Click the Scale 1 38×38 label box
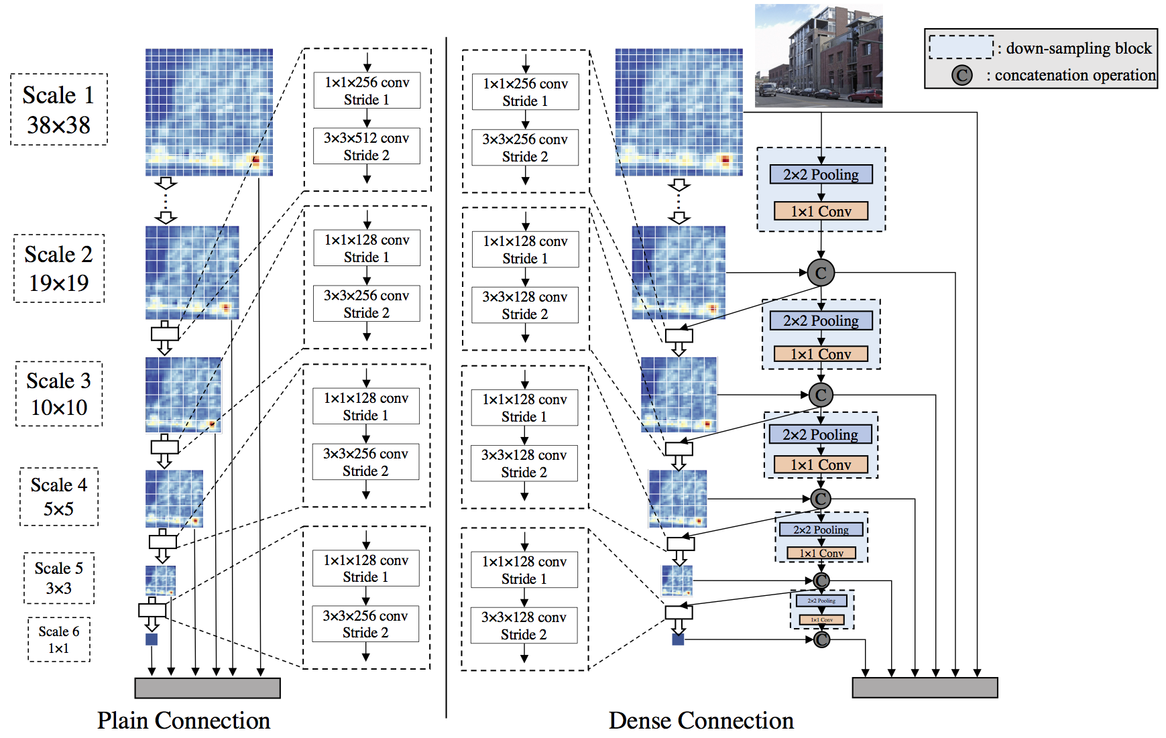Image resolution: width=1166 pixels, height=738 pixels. click(x=58, y=109)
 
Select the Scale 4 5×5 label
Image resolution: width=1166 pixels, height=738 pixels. click(x=59, y=497)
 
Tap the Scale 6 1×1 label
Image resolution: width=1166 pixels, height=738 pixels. click(x=59, y=639)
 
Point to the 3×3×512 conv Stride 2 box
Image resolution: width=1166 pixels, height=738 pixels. click(x=367, y=146)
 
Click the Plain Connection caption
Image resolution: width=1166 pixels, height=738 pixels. click(x=184, y=721)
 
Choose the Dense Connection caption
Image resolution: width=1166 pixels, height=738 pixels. click(x=701, y=721)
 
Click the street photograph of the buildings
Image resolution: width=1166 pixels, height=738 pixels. click(x=818, y=56)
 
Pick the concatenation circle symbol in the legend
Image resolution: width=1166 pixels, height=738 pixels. click(x=961, y=74)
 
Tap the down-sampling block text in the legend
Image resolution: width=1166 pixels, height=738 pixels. click(x=1078, y=48)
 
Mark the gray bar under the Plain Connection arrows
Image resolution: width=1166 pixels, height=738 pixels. click(x=207, y=688)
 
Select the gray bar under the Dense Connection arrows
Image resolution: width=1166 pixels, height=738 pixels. click(x=925, y=688)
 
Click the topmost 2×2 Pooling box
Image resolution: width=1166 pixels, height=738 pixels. click(x=821, y=174)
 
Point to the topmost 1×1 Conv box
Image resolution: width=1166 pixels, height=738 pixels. click(x=821, y=211)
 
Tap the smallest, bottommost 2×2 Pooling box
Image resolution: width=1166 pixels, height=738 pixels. click(x=821, y=601)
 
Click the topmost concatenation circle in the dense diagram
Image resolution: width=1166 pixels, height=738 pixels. click(x=821, y=273)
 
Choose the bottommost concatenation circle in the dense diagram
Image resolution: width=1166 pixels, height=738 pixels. click(x=821, y=639)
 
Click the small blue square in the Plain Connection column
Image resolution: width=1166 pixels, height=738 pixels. click(x=152, y=639)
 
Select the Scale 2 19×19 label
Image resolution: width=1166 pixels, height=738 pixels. click(x=59, y=268)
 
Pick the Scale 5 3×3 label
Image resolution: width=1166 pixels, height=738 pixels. click(x=59, y=578)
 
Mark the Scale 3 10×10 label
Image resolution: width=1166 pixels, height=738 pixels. click(x=59, y=393)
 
